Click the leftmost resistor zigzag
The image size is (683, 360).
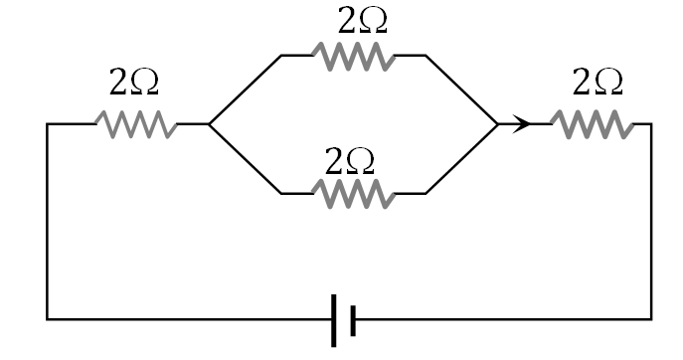tap(137, 124)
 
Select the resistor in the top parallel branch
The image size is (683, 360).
tap(354, 56)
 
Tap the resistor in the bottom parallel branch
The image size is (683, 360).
tap(354, 193)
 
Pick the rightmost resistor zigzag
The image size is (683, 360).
tap(591, 124)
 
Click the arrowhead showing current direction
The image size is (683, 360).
tap(520, 124)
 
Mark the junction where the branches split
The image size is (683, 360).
tap(209, 124)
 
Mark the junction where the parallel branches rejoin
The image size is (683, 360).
tap(497, 124)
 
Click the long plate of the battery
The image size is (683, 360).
tap(334, 319)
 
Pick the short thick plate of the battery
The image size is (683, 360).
tap(353, 319)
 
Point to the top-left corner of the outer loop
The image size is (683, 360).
tap(48, 124)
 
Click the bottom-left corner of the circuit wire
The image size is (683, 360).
tap(48, 319)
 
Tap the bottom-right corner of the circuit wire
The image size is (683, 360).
tap(651, 319)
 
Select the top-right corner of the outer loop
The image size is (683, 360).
tap(651, 124)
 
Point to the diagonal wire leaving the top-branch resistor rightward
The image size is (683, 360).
tap(462, 90)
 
